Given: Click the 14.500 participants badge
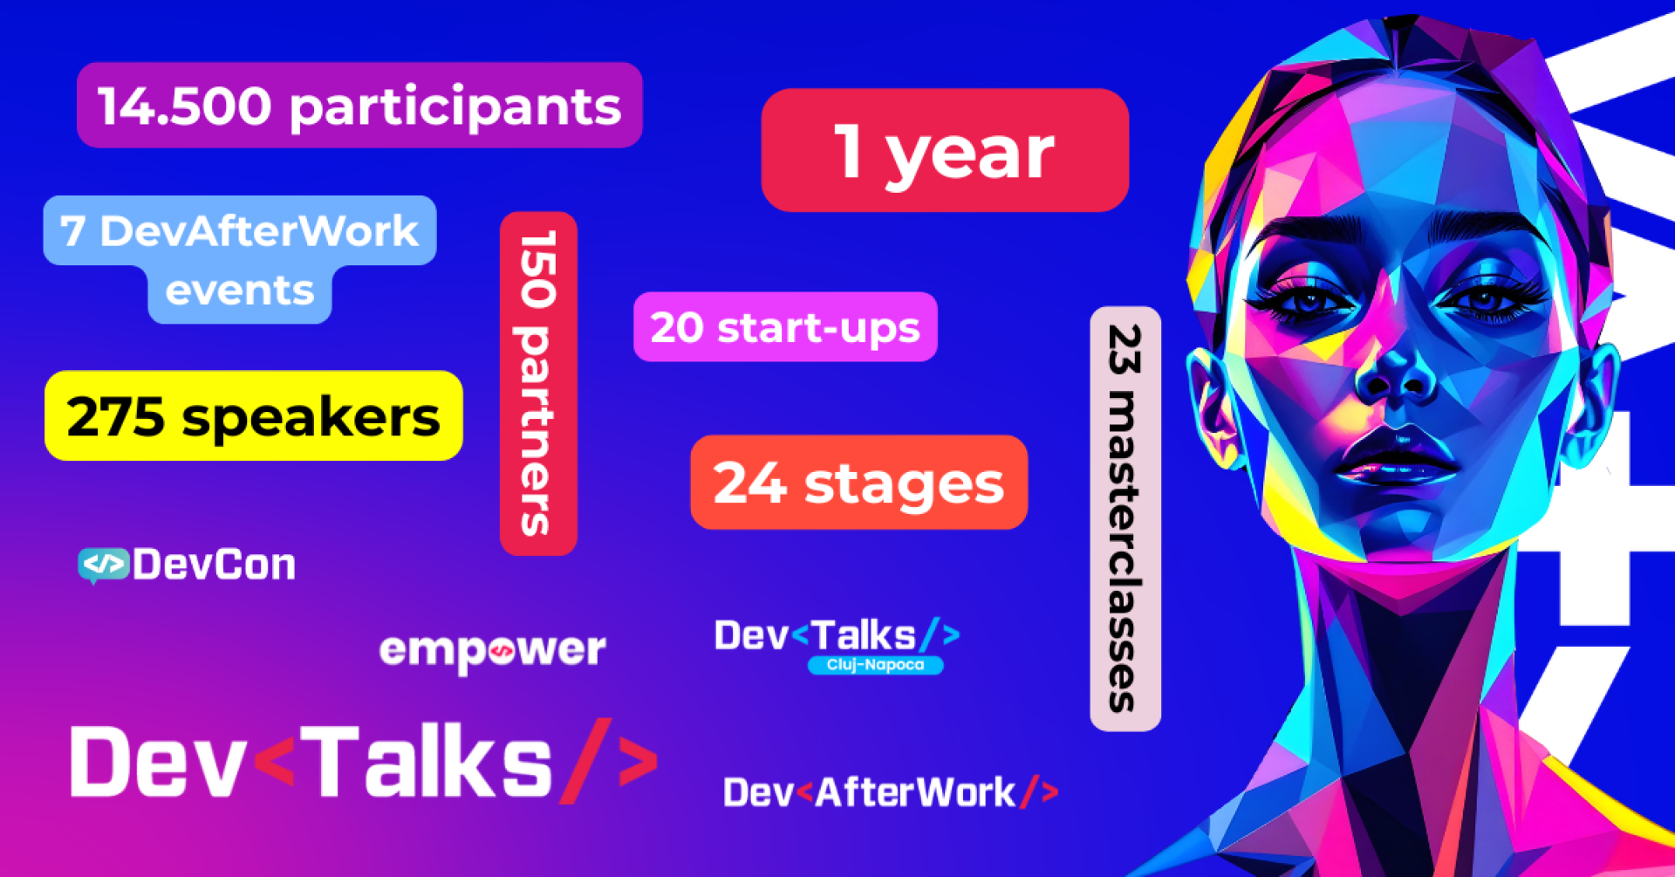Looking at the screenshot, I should coord(359,106).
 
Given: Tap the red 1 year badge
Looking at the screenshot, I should coord(945,150).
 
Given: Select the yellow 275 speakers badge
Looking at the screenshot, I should coord(253,416).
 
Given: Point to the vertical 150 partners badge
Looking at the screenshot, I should coord(538,383).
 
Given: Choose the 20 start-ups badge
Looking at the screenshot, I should coord(785,327).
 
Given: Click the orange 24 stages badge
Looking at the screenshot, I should coord(858,483).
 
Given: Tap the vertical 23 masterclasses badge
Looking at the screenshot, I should coord(1125,518).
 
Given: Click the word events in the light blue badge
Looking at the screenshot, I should coord(240,291).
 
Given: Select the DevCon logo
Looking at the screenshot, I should coord(188,565).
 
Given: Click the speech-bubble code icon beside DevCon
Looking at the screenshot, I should coord(103,565).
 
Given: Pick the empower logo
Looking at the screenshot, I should coord(493,650).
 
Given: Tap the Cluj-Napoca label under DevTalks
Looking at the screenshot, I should coord(875,665).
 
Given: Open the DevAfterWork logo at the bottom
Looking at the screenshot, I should coord(891,792).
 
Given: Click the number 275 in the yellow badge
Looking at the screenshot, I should coord(115,417).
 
